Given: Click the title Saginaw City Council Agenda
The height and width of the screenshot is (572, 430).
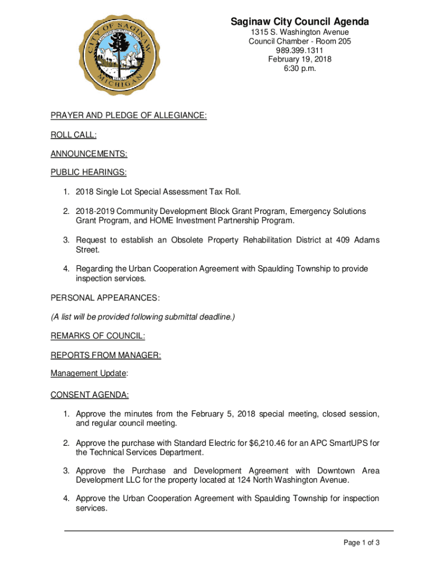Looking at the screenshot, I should (300, 22).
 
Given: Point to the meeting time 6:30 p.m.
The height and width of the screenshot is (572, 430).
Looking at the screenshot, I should (300, 68).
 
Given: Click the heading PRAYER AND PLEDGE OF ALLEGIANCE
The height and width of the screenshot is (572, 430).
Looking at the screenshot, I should (128, 116).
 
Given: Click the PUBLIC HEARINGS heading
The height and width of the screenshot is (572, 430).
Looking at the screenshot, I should (88, 173).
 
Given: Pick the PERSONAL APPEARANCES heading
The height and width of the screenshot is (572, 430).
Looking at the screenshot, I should (105, 298).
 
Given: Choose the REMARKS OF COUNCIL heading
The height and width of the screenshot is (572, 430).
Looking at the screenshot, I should (98, 336).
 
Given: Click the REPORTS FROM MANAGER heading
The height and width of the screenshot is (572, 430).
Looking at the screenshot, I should (106, 355).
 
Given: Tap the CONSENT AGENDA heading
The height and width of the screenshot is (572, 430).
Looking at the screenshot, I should (89, 395).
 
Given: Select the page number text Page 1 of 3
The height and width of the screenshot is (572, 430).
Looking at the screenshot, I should (362, 542).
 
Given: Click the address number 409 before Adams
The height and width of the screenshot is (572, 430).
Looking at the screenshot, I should (343, 240).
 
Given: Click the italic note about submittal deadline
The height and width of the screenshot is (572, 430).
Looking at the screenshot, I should (143, 317).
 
